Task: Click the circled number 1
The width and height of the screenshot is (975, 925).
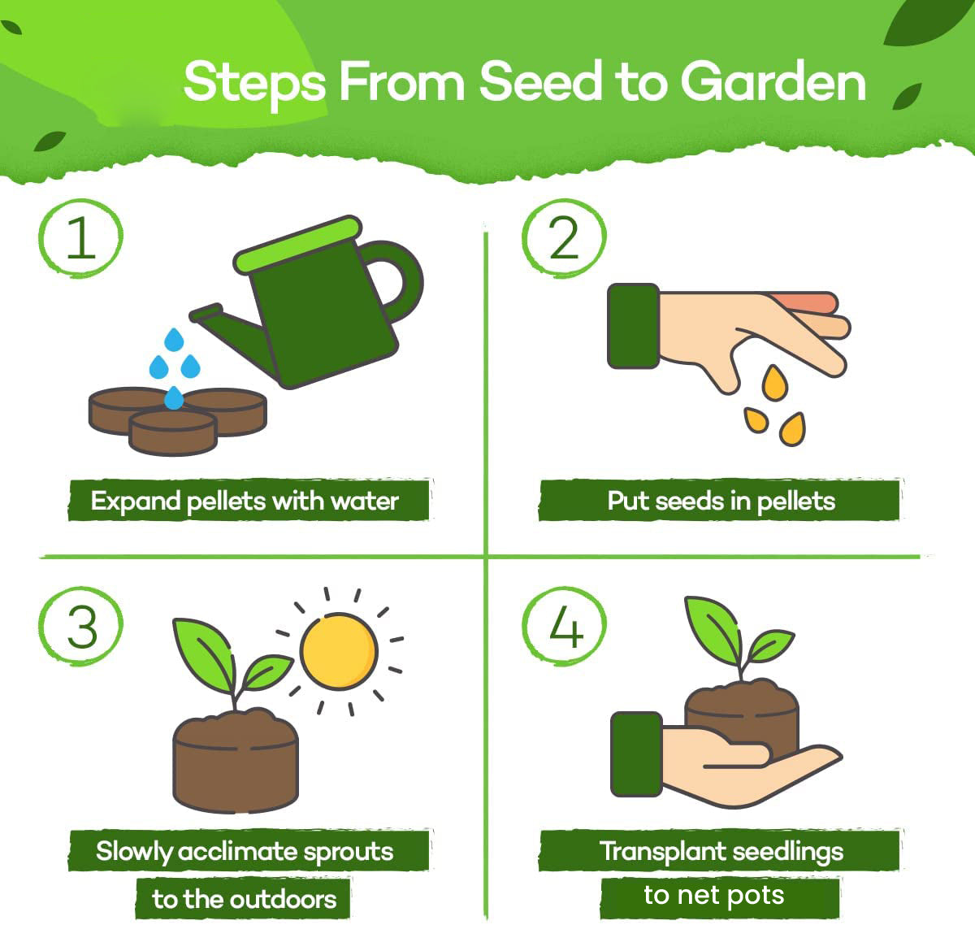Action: pyautogui.click(x=80, y=237)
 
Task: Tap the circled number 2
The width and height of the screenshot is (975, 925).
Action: pyautogui.click(x=564, y=237)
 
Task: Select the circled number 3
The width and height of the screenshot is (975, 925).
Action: pyautogui.click(x=80, y=627)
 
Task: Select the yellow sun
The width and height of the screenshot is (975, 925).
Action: pyautogui.click(x=339, y=650)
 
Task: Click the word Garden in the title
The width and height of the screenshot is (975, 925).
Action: pyautogui.click(x=773, y=82)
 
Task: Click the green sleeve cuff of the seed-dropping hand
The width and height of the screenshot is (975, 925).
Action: pyautogui.click(x=633, y=326)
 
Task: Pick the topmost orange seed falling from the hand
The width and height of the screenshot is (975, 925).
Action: pyautogui.click(x=776, y=383)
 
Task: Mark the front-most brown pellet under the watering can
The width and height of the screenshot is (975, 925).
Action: pyautogui.click(x=172, y=431)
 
